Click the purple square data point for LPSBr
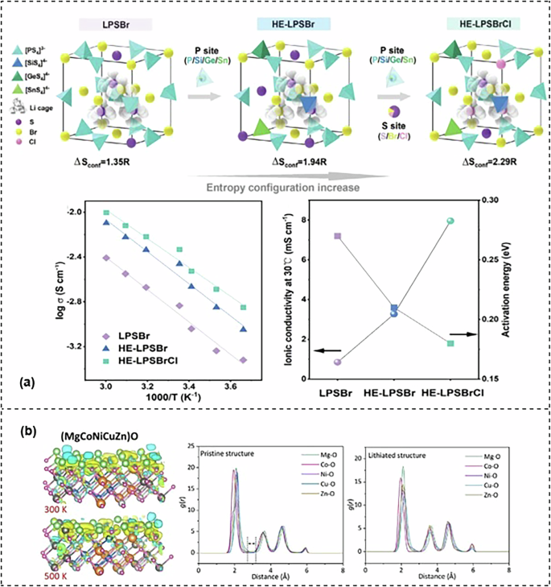click(337, 236)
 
